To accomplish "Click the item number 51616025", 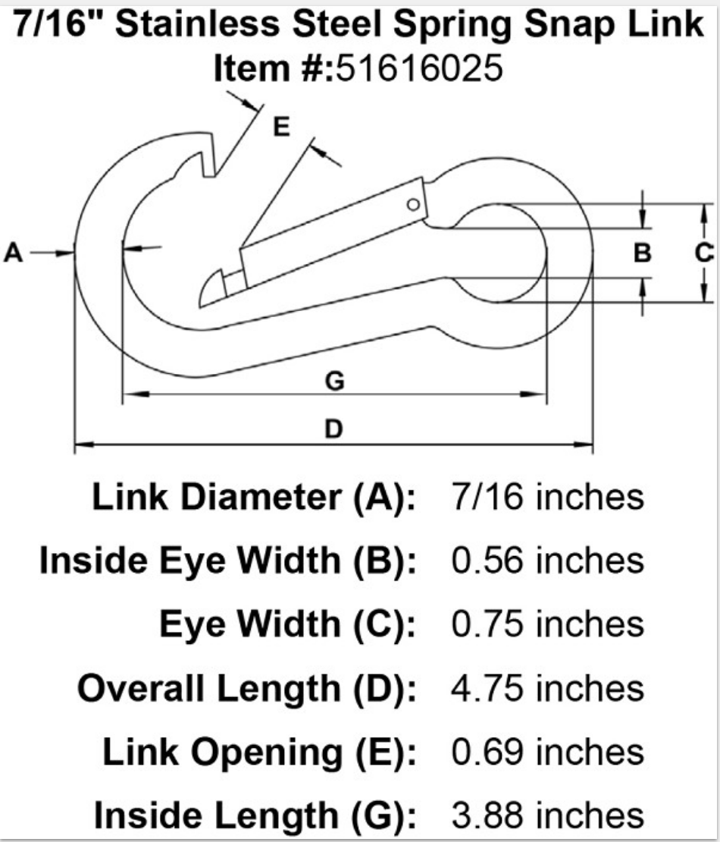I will (419, 69).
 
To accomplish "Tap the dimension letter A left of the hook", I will (13, 253).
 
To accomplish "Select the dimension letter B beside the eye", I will (643, 253).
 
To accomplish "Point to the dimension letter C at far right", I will (704, 253).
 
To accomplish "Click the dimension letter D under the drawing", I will (333, 429).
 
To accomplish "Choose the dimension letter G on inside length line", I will (333, 381).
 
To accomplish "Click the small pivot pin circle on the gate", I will (413, 204).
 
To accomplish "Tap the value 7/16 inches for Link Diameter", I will (546, 498).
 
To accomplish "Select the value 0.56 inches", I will (546, 561).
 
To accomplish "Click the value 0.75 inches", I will (546, 624).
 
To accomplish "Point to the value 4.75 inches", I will (546, 688).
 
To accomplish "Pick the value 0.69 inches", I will (546, 752).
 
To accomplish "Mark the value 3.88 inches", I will (546, 815).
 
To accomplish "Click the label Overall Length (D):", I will (247, 688).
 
